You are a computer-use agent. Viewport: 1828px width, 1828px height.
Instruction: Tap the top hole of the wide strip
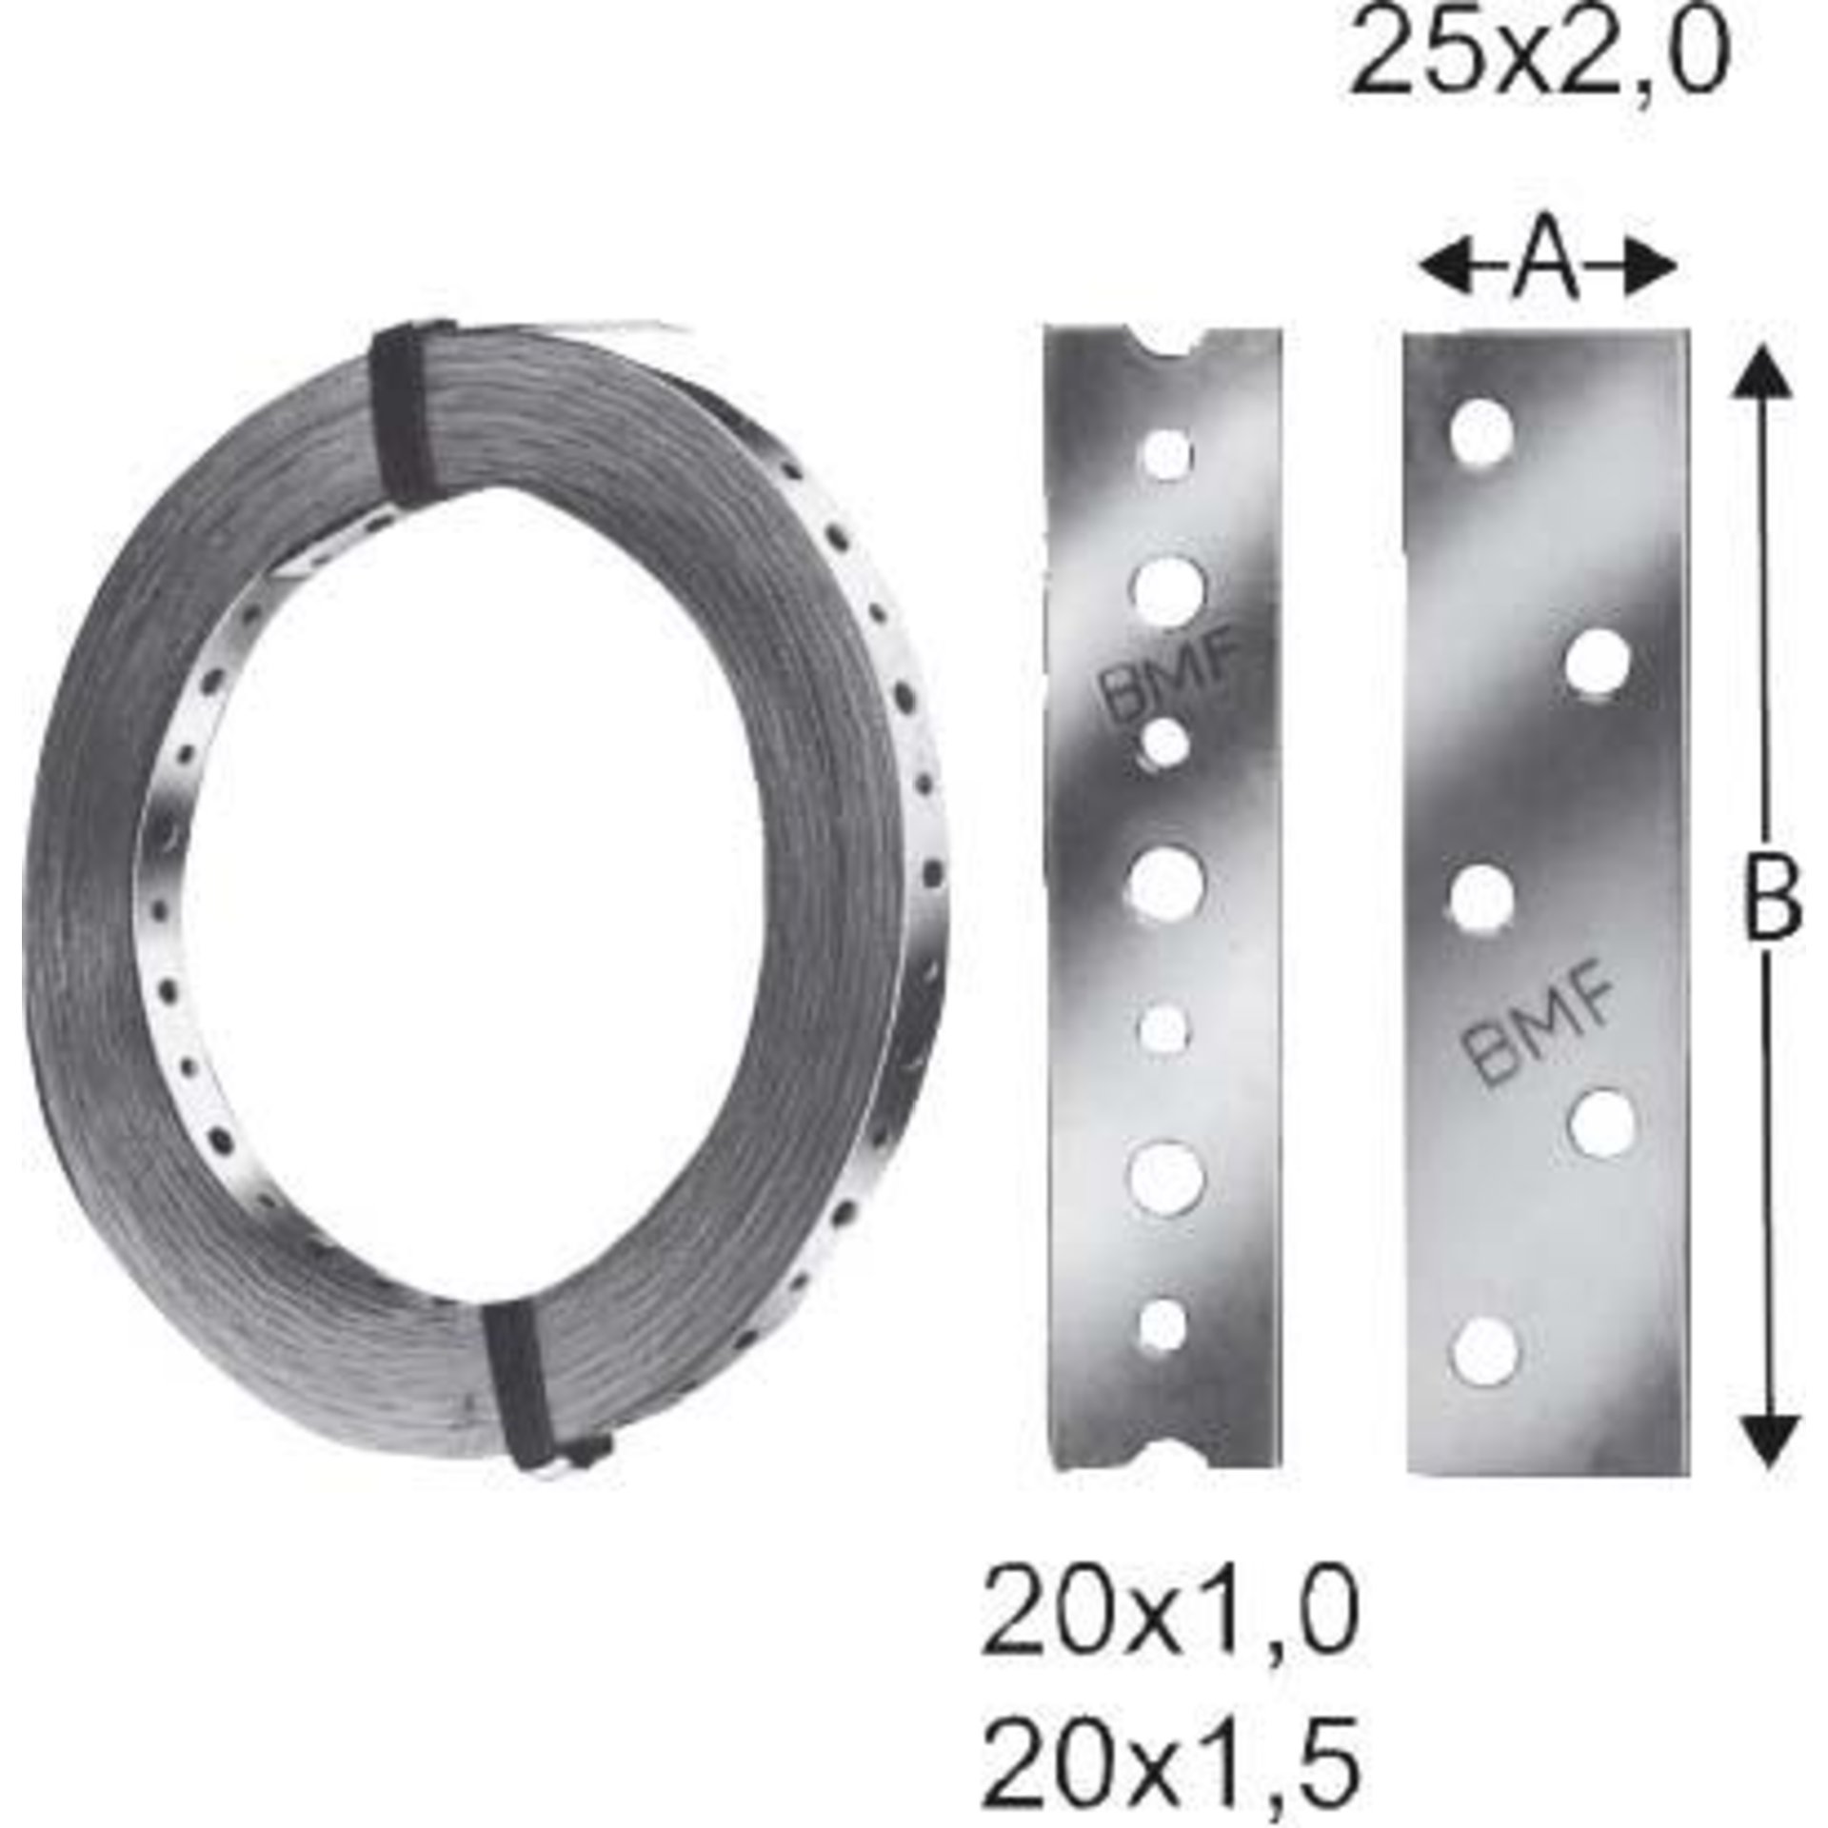point(1483,436)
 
